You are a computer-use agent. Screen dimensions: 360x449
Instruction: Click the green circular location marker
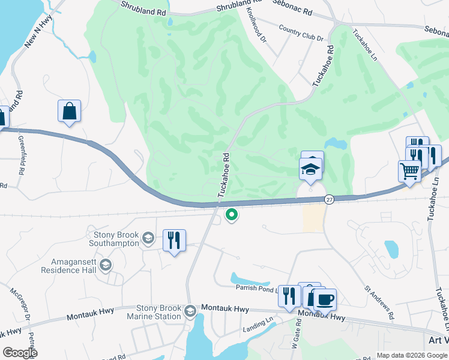(x=231, y=214)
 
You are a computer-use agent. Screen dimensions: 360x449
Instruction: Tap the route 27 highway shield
(x=329, y=199)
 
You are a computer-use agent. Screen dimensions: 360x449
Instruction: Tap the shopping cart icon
(x=410, y=170)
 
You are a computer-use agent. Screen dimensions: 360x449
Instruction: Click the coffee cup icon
(x=325, y=299)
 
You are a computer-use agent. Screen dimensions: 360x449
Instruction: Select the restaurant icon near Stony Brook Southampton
(x=174, y=240)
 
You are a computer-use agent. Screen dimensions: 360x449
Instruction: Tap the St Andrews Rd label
(x=379, y=302)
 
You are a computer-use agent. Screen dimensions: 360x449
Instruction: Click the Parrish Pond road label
(x=257, y=288)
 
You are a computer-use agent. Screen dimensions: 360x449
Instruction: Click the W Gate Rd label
(x=295, y=343)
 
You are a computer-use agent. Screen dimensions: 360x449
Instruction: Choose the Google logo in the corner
(x=20, y=352)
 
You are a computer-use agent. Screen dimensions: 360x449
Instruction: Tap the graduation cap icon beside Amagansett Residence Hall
(x=105, y=265)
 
